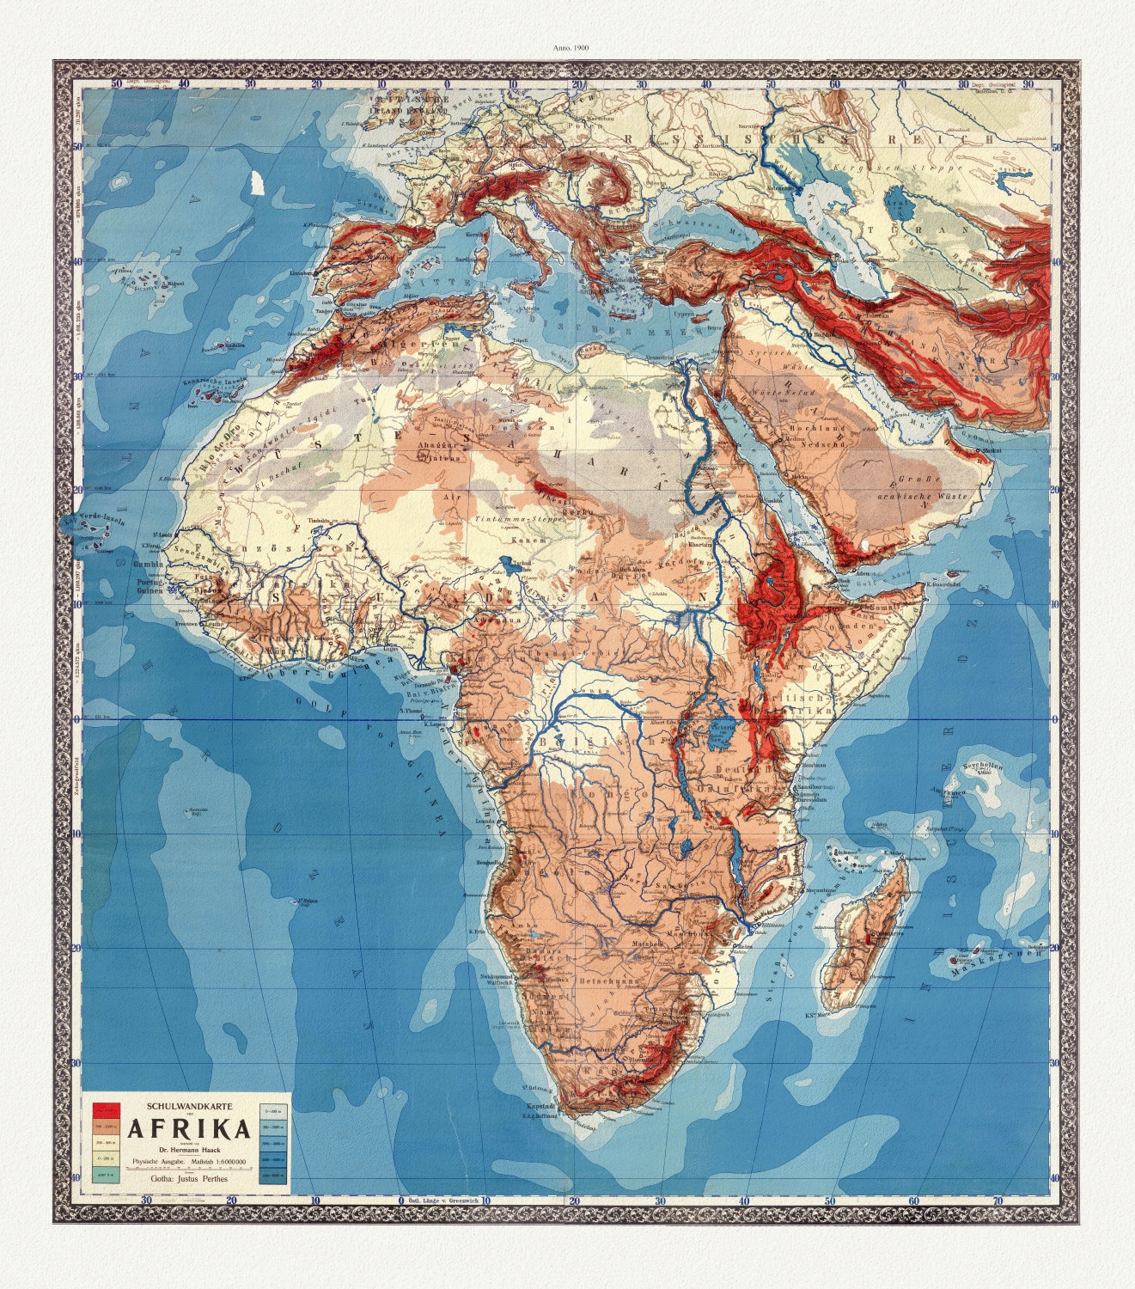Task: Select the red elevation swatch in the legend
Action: click(106, 1105)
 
